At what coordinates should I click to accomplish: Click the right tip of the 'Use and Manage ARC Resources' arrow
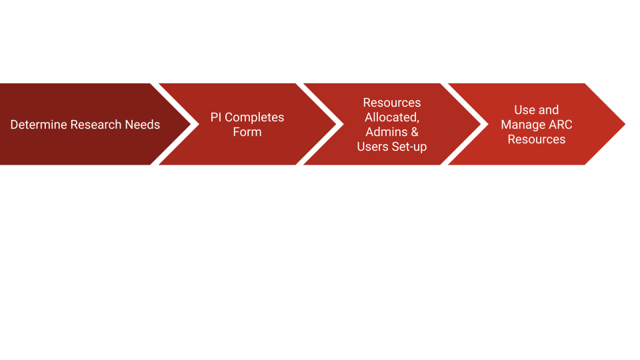[625, 124]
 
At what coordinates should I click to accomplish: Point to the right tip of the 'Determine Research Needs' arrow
[191, 124]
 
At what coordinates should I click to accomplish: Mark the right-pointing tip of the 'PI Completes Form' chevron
[336, 124]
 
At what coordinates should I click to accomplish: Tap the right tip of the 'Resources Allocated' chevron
[481, 124]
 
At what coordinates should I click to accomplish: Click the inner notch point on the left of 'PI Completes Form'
[199, 124]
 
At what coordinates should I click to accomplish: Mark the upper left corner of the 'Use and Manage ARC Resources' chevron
[448, 84]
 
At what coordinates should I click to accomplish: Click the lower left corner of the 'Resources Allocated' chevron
[303, 165]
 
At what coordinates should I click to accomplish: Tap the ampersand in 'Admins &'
[414, 132]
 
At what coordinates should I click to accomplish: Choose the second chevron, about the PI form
[247, 124]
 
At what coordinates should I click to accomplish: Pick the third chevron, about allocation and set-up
[392, 124]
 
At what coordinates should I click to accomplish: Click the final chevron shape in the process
[537, 124]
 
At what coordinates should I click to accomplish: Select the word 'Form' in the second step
[247, 132]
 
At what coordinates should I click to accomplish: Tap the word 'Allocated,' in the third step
[392, 117]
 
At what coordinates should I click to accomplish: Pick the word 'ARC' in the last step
[561, 125]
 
